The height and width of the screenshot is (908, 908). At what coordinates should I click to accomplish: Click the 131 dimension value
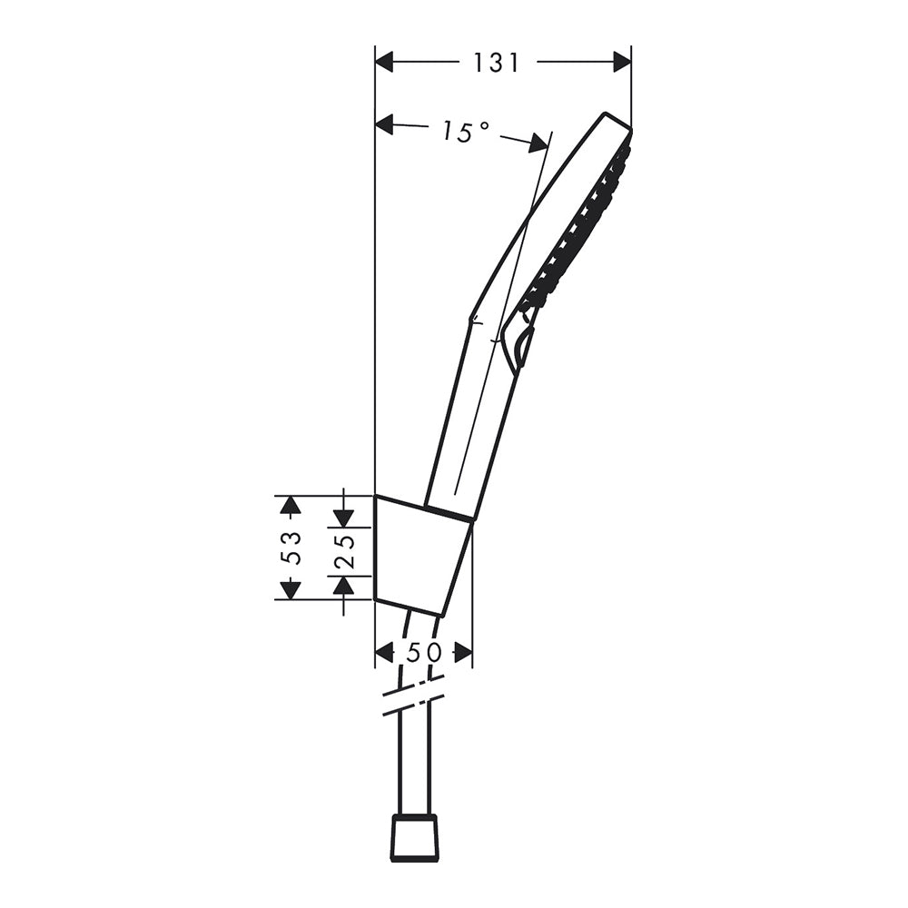click(x=497, y=63)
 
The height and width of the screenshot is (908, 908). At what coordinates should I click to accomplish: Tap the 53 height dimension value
click(x=293, y=548)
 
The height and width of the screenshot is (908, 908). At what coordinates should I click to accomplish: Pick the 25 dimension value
click(x=345, y=551)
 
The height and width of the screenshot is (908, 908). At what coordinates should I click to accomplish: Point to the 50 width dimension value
click(x=423, y=653)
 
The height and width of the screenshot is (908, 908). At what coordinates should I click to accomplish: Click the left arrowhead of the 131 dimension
click(x=384, y=62)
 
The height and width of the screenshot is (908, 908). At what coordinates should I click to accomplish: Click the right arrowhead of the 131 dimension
click(x=622, y=62)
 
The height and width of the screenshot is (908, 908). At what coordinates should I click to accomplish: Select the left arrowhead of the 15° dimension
click(x=384, y=123)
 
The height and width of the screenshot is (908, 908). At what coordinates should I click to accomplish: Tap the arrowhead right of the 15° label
click(x=538, y=143)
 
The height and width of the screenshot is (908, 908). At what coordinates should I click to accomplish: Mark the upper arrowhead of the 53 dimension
click(x=291, y=505)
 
